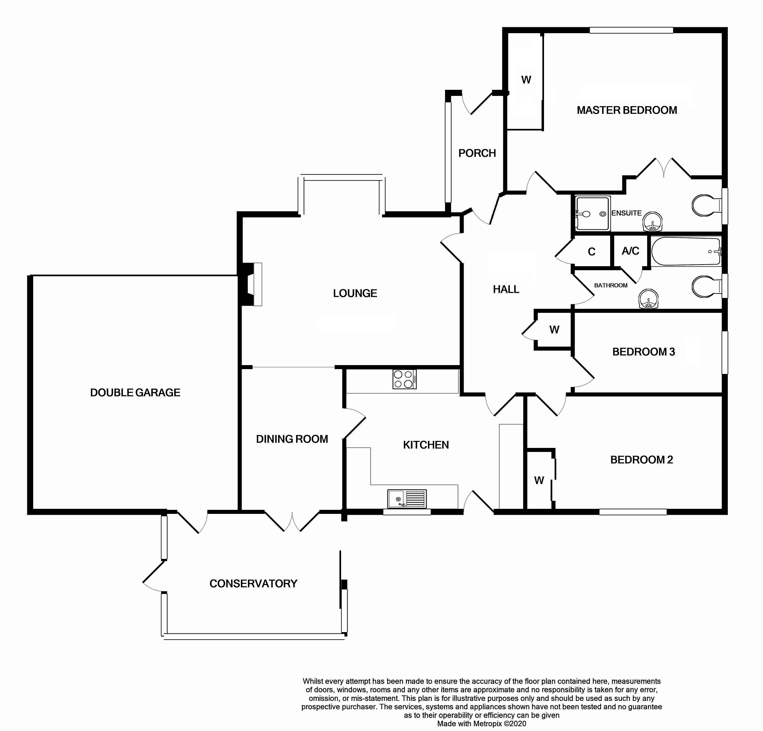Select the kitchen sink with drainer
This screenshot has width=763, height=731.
pos(407,499)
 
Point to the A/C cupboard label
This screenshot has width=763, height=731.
pos(630,251)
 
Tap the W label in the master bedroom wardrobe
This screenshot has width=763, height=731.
pos(526,80)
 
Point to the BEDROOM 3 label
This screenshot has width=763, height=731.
pos(644,352)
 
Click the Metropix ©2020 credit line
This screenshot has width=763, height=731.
pos(481,724)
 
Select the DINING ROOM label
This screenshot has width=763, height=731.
pos(292,439)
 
